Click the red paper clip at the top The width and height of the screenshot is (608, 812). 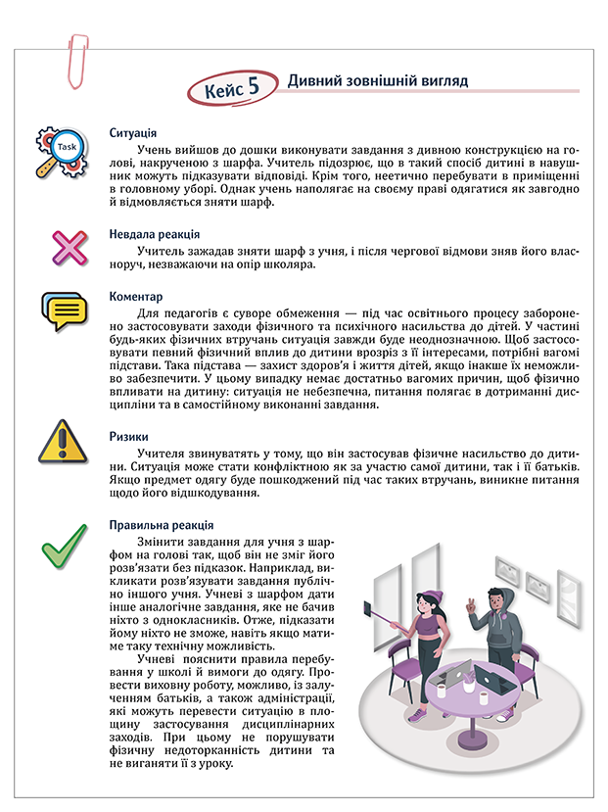75,58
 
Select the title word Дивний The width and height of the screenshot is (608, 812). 313,80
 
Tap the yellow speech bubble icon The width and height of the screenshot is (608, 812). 66,311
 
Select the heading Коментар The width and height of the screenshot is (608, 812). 136,296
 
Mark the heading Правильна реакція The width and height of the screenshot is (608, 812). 161,525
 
